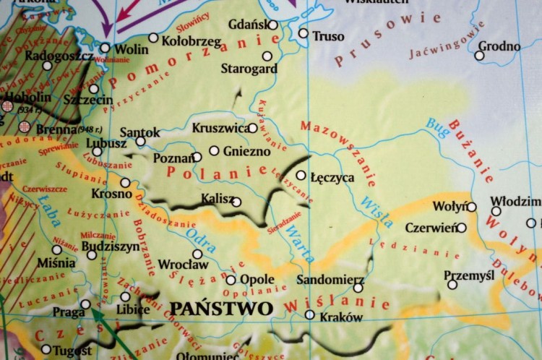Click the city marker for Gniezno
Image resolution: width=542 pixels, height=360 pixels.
point(215,150)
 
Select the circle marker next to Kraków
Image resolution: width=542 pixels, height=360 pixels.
point(310,314)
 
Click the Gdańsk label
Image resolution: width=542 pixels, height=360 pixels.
point(247,25)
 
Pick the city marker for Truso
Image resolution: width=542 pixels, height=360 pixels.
point(303,33)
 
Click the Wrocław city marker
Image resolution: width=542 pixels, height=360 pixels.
point(197,254)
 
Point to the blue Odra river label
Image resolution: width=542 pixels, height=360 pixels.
point(200,236)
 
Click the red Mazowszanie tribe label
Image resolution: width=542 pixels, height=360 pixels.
point(337,153)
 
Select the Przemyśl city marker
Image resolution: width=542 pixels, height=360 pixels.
point(452,284)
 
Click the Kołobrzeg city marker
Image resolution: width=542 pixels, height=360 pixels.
point(153,38)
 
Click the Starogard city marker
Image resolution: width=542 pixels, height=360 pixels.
point(267,56)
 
